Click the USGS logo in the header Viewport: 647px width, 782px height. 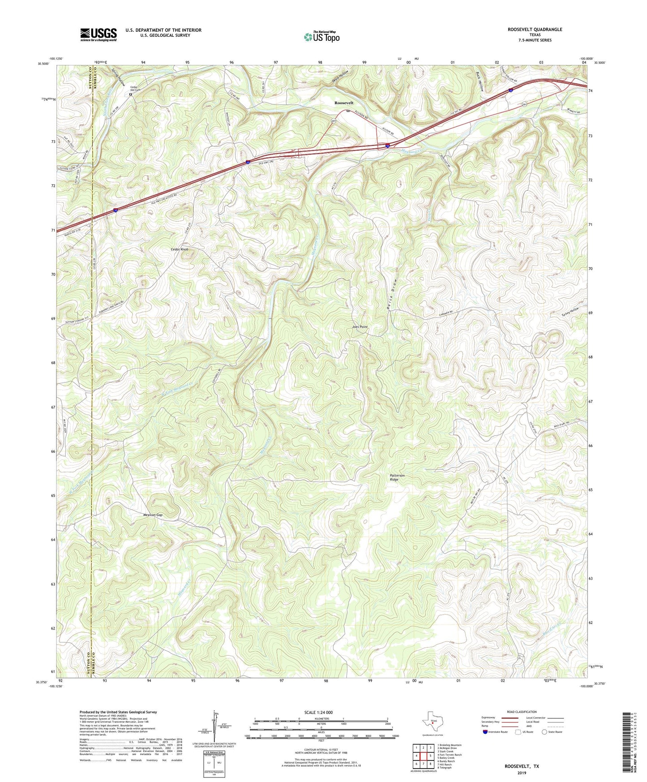pos(99,34)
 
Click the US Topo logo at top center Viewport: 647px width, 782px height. pos(321,37)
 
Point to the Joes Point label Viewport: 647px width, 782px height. pos(360,327)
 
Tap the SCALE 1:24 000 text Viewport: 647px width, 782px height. pos(321,712)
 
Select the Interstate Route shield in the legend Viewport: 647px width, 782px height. pos(485,732)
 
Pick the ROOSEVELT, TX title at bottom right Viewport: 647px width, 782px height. pos(522,766)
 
